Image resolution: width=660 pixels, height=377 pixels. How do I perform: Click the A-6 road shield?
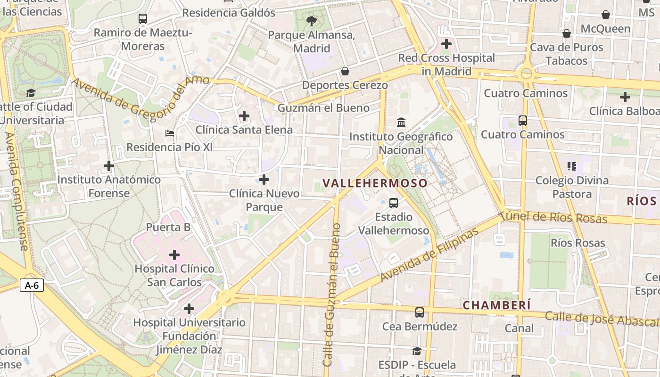(32, 285)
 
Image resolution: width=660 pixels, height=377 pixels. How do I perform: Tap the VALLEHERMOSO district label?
(375, 183)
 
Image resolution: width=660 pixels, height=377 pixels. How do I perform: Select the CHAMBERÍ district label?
(496, 305)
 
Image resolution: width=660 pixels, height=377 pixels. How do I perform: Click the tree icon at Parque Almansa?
(311, 21)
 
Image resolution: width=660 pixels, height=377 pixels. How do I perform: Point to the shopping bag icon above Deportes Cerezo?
(345, 71)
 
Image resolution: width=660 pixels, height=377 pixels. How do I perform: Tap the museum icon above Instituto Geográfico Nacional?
(401, 123)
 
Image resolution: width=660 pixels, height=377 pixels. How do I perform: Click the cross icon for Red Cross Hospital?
(446, 44)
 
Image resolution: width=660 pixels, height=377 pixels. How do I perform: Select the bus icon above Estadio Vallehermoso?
(394, 203)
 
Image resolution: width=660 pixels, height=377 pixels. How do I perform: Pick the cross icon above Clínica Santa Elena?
(244, 115)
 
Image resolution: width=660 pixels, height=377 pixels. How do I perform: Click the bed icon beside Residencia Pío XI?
(170, 133)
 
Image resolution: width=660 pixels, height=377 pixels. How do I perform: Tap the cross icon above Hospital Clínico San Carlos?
(174, 255)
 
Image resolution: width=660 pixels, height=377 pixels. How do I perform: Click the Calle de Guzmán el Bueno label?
(331, 295)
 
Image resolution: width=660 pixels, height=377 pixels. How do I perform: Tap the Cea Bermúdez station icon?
(419, 312)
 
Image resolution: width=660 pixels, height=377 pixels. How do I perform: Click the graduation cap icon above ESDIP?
(417, 351)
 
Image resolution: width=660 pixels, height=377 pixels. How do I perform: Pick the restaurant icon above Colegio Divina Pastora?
(572, 166)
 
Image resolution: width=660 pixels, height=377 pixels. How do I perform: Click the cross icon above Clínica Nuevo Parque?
(264, 180)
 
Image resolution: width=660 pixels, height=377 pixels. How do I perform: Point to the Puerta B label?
(168, 227)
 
